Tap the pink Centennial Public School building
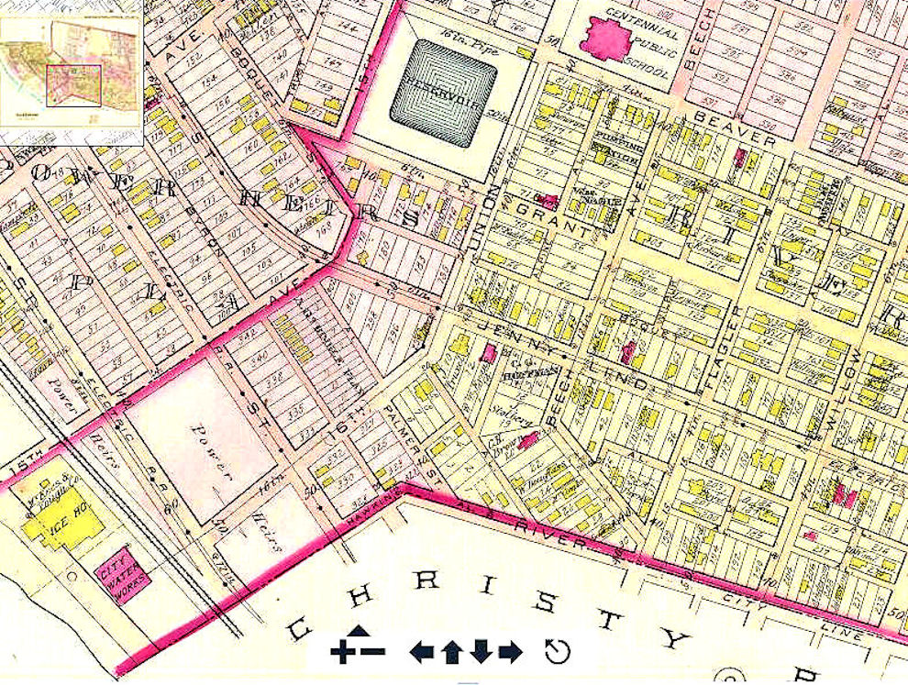coord(606,39)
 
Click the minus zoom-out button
coord(372,652)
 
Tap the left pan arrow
coord(421,652)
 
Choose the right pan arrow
coord(510,652)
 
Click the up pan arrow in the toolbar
coord(450,652)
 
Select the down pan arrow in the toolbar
coord(481,652)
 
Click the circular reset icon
coord(557,651)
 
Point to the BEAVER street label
coord(734,131)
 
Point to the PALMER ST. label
coord(404,421)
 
